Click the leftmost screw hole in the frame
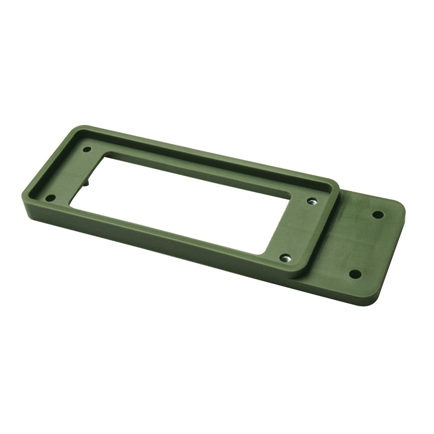click(50, 198)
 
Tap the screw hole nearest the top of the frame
click(87, 149)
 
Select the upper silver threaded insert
click(311, 201)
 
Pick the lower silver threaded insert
click(285, 258)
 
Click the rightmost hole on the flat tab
click(378, 214)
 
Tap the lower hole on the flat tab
click(355, 274)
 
